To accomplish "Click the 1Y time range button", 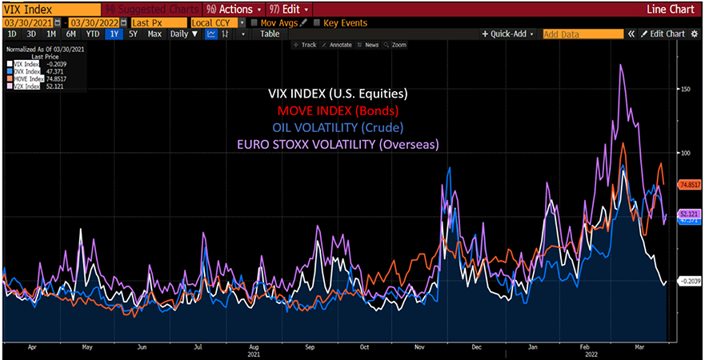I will [x=114, y=34].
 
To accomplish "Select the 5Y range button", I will [x=133, y=34].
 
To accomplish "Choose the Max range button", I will [x=154, y=34].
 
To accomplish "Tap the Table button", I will [x=270, y=34].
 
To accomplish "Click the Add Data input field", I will [x=582, y=34].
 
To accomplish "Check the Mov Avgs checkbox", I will [x=254, y=22].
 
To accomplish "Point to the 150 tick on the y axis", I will [x=685, y=90].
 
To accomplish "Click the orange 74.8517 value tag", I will [x=689, y=185].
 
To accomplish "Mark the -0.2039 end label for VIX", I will [x=689, y=281].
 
